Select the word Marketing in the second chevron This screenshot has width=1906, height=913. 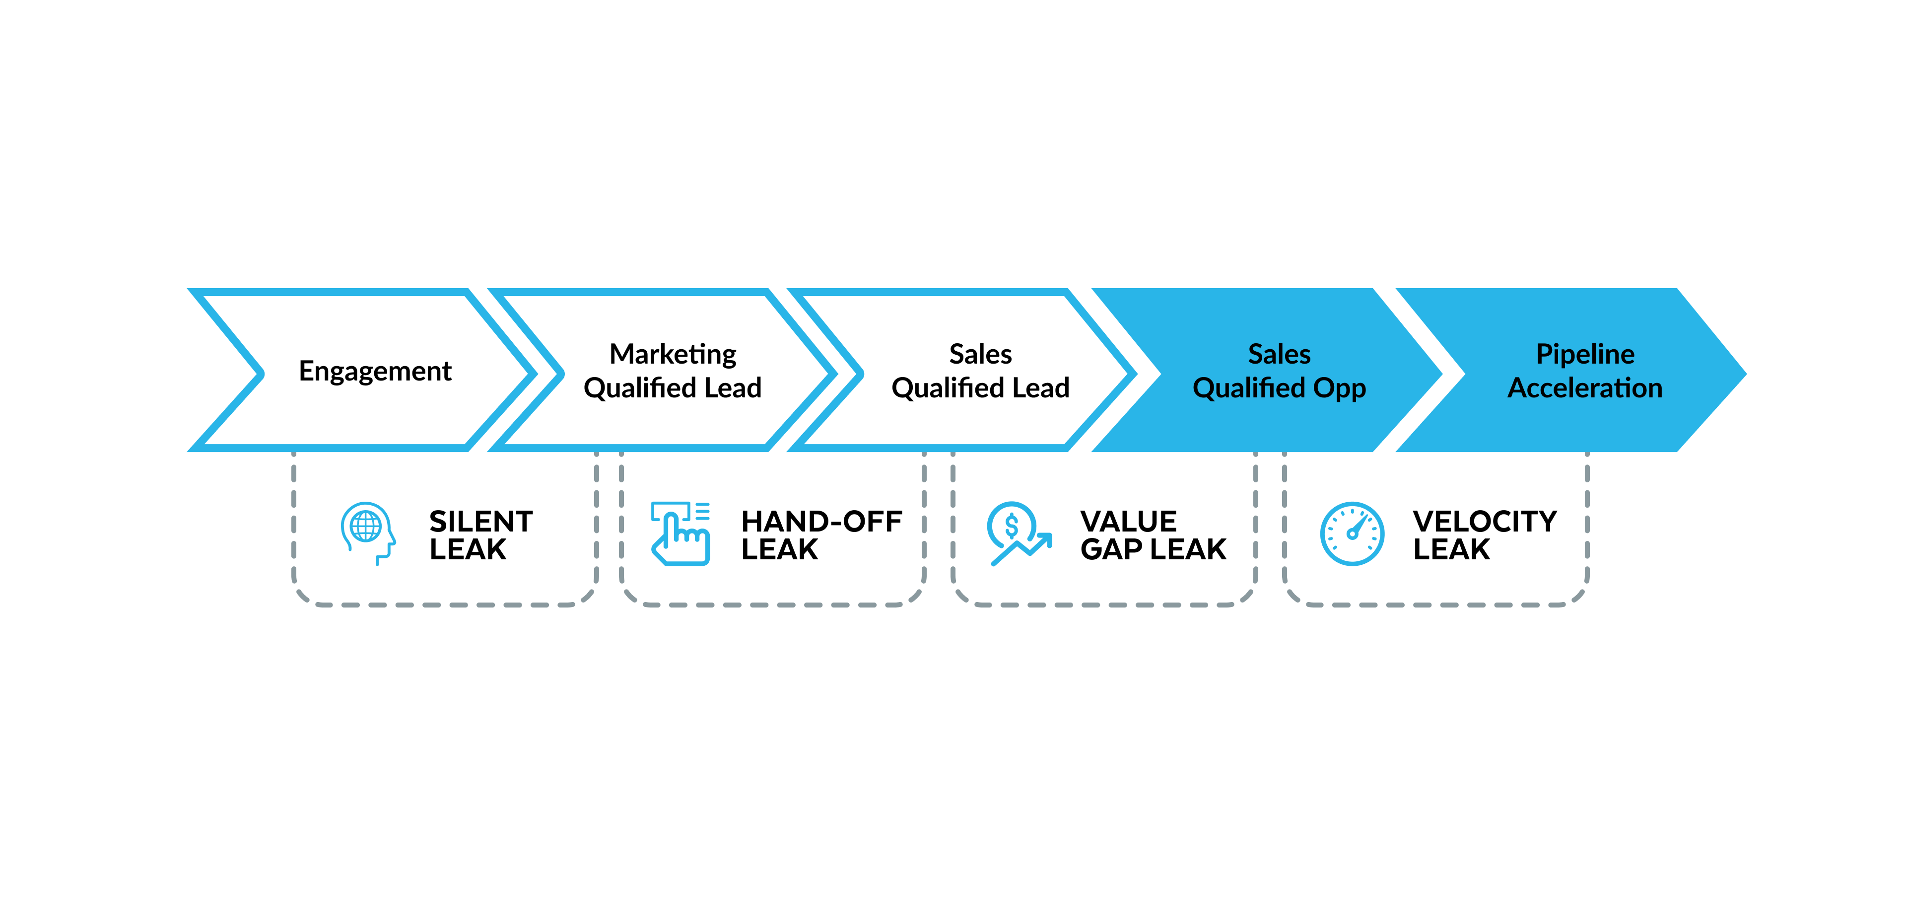pyautogui.click(x=673, y=355)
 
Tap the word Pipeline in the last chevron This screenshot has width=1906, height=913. pyautogui.click(x=1585, y=355)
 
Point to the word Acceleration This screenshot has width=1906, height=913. pyautogui.click(x=1585, y=387)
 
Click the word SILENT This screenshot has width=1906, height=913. pyautogui.click(x=481, y=521)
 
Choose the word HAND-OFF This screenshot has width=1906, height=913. pyautogui.click(x=821, y=521)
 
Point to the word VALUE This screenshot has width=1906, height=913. pyautogui.click(x=1128, y=521)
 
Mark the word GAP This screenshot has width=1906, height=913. pyautogui.click(x=1111, y=549)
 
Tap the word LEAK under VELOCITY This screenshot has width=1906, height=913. pyautogui.click(x=1451, y=549)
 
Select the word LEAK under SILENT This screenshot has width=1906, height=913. pyautogui.click(x=468, y=549)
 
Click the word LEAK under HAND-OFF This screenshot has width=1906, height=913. pyautogui.click(x=780, y=549)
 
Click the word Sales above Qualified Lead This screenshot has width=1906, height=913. pyautogui.click(x=980, y=354)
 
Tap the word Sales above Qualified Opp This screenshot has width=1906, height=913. pyautogui.click(x=1279, y=354)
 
